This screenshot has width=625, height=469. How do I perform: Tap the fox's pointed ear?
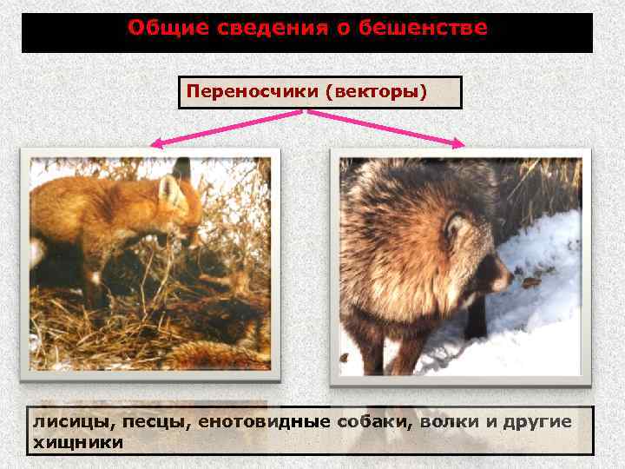[168, 188]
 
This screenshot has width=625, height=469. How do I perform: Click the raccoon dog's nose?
[509, 283]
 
